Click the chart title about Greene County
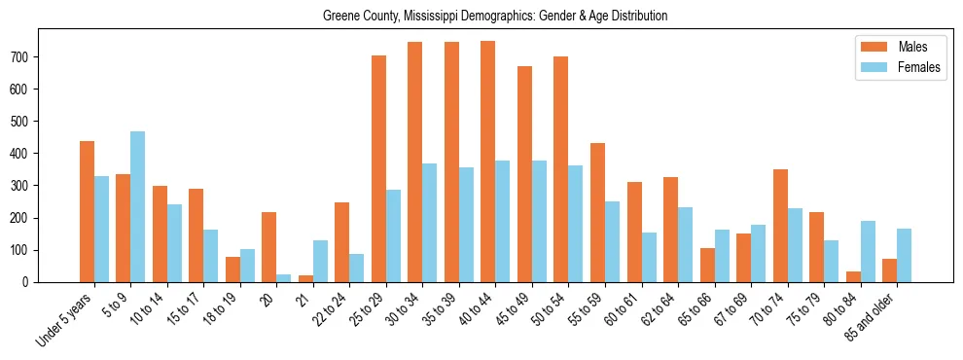click(495, 17)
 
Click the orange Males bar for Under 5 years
click(88, 211)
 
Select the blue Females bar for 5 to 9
click(138, 206)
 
